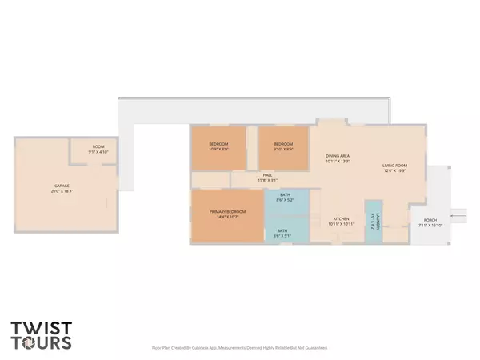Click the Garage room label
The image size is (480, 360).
click(x=56, y=186)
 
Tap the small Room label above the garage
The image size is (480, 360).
click(x=98, y=146)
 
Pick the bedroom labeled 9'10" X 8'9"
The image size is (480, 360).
click(x=283, y=145)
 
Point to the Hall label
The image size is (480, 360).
click(x=268, y=175)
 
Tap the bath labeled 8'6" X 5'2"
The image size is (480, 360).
click(x=285, y=196)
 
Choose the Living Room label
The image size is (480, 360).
click(x=395, y=166)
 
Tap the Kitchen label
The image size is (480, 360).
click(x=342, y=218)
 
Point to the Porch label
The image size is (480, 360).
click(x=428, y=220)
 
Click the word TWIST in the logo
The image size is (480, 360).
click(x=41, y=327)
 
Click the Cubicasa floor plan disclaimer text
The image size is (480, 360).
click(x=239, y=348)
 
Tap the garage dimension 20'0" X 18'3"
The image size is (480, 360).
click(x=56, y=190)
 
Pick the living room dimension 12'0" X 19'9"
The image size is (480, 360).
click(x=395, y=170)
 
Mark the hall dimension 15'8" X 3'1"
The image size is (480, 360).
click(x=268, y=180)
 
